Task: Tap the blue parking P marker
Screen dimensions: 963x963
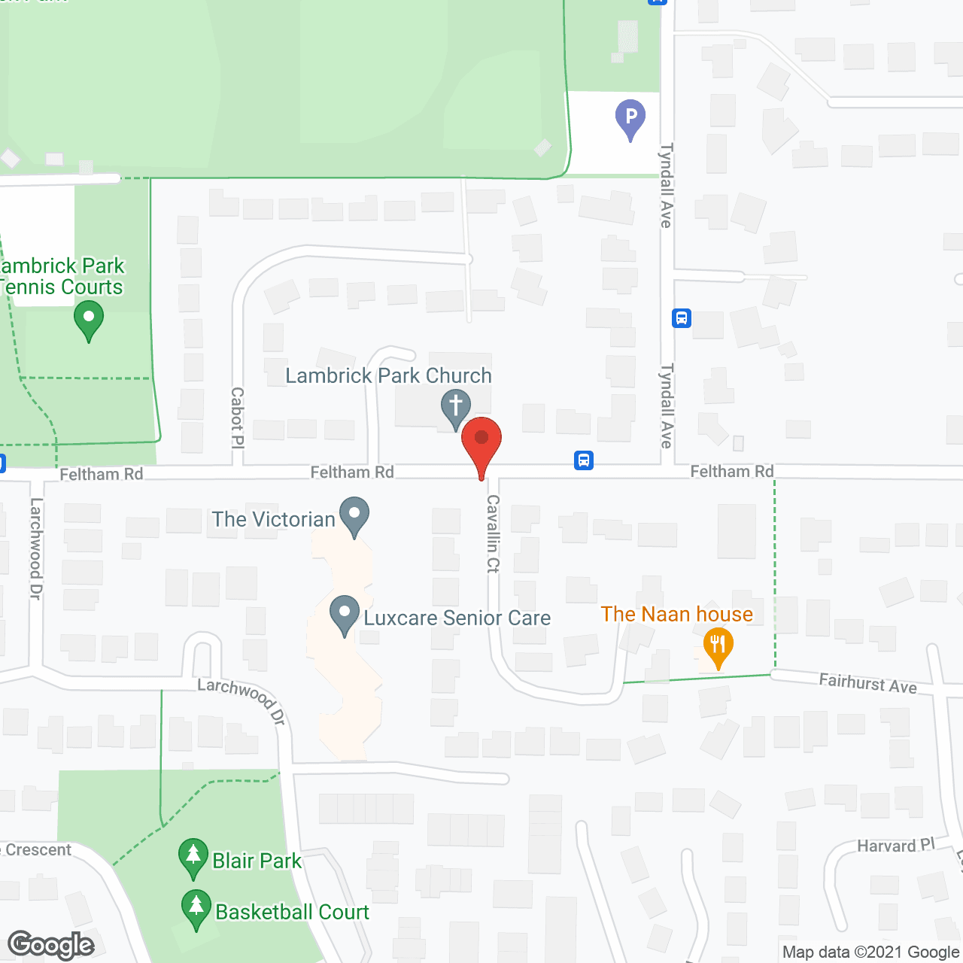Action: point(630,118)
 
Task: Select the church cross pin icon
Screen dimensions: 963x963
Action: point(455,407)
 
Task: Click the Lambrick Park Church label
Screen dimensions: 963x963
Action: point(388,375)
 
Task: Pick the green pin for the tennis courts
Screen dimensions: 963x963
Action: point(89,320)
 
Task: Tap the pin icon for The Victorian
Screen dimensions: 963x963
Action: point(354,515)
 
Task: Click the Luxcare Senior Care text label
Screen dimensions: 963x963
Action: point(457,618)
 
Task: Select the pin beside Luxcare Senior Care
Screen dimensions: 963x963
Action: point(345,614)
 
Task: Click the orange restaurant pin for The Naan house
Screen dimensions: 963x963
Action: point(718,646)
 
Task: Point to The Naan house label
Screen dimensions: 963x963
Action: point(676,614)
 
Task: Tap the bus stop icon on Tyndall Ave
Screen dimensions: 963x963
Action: point(682,318)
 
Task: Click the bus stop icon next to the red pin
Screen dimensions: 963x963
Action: point(584,460)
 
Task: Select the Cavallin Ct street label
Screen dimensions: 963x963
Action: point(493,533)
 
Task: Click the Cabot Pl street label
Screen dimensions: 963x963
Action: point(237,417)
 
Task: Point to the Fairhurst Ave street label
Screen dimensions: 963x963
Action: point(867,683)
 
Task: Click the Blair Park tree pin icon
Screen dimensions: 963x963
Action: point(193,857)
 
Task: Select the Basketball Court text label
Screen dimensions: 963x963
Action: point(292,912)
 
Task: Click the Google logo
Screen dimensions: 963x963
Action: point(51,945)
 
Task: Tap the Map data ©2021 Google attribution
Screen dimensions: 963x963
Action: point(871,952)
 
